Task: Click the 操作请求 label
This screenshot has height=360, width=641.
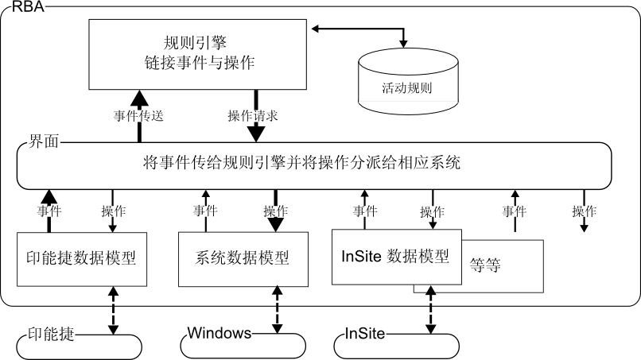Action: click(x=253, y=116)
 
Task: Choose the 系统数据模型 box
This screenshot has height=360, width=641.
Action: click(x=241, y=257)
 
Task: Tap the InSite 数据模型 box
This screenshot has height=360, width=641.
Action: click(x=395, y=256)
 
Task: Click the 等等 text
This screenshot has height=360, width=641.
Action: click(x=486, y=265)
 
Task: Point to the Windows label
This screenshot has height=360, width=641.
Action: click(x=219, y=332)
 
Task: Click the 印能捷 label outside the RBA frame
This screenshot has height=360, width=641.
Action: click(x=51, y=333)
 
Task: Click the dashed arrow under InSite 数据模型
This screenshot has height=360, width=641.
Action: click(x=432, y=310)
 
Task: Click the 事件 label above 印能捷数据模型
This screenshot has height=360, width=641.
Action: click(x=49, y=211)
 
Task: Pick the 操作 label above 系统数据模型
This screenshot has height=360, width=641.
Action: click(x=276, y=211)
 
